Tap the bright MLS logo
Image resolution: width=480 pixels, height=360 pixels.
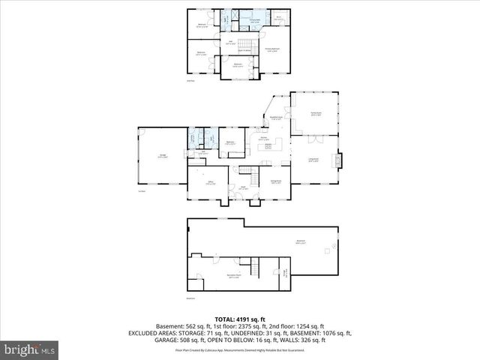point(31,349)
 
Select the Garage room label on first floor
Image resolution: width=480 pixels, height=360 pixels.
point(162,156)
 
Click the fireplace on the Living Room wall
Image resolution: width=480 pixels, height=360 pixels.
point(340,159)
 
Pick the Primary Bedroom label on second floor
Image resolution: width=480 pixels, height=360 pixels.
point(277,50)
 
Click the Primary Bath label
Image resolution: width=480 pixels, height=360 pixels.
point(255,22)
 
